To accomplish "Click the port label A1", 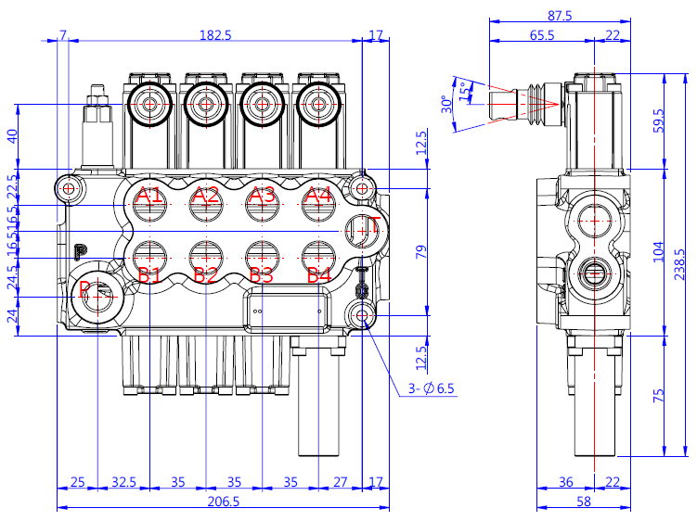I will (149, 196).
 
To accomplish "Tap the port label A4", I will (318, 196).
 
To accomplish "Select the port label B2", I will (206, 274).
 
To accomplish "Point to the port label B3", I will (263, 274).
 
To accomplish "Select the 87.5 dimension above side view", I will (560, 16).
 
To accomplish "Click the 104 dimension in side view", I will (659, 253).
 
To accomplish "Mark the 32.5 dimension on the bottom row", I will (123, 482).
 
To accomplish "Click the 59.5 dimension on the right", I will (659, 121).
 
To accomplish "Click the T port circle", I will (363, 230).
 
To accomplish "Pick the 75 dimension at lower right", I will (659, 395).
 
